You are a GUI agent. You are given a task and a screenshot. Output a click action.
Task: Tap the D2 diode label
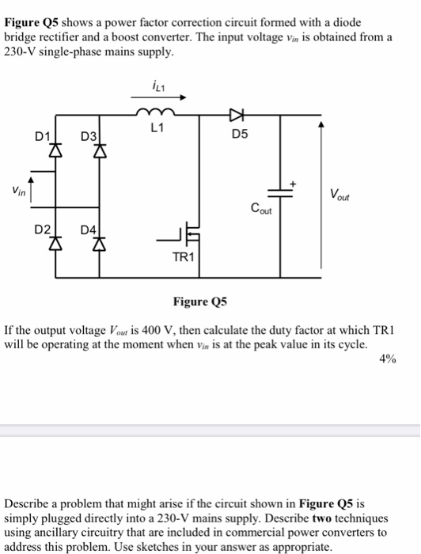41,230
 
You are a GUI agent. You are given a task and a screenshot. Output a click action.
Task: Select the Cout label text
261,209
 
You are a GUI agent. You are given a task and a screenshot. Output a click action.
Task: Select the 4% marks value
388,358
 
